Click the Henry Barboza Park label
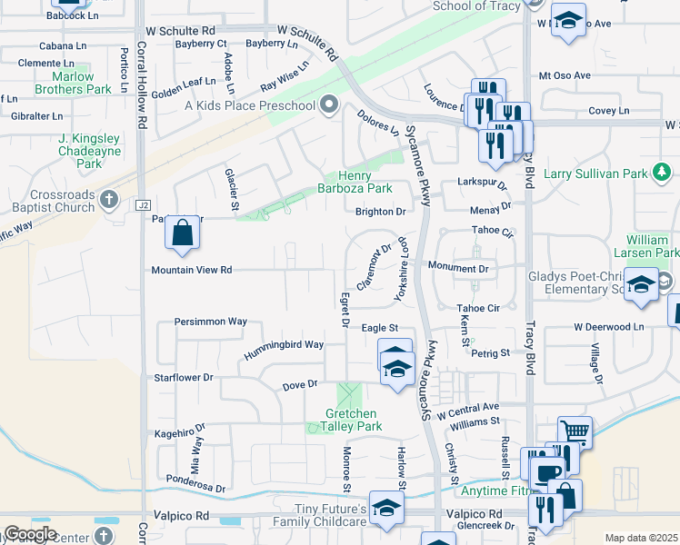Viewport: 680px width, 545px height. (x=365, y=182)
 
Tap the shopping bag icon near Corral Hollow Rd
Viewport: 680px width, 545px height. (x=183, y=233)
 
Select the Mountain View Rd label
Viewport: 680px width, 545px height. (x=192, y=270)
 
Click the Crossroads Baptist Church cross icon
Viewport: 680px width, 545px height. (x=109, y=199)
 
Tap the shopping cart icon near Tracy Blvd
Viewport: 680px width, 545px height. (x=575, y=432)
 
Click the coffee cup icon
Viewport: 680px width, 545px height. (x=547, y=473)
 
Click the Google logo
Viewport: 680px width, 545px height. (x=30, y=534)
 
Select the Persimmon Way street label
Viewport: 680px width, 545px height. (x=211, y=322)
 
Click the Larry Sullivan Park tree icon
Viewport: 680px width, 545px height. (x=663, y=172)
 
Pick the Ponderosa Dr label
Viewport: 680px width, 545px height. (x=195, y=482)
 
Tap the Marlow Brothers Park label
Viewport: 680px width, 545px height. (x=75, y=83)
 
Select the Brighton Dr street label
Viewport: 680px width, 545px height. (x=380, y=212)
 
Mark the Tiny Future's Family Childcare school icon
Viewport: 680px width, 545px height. (x=386, y=510)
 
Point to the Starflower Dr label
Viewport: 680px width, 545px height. (x=184, y=377)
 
